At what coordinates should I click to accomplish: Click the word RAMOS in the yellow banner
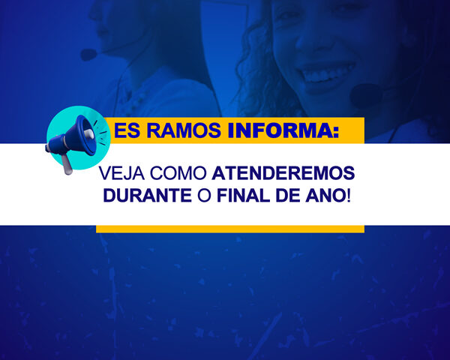click(x=184, y=130)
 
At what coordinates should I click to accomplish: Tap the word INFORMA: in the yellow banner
click(x=283, y=130)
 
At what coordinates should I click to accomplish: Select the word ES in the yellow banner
click(x=127, y=130)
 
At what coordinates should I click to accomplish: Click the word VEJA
click(x=121, y=173)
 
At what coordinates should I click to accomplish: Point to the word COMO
click(x=178, y=173)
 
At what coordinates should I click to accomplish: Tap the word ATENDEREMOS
click(x=283, y=173)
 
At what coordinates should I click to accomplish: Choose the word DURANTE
click(x=148, y=196)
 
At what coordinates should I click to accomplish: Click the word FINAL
click(x=243, y=196)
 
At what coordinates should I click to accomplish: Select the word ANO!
click(x=328, y=196)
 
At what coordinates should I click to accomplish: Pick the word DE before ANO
click(x=288, y=196)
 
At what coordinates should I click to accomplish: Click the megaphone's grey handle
click(x=67, y=164)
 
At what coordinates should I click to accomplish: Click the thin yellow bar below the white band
click(x=230, y=229)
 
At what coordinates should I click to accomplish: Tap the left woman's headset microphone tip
click(x=88, y=55)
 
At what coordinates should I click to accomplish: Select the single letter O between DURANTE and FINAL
click(x=204, y=196)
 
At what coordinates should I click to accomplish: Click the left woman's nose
click(x=94, y=13)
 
